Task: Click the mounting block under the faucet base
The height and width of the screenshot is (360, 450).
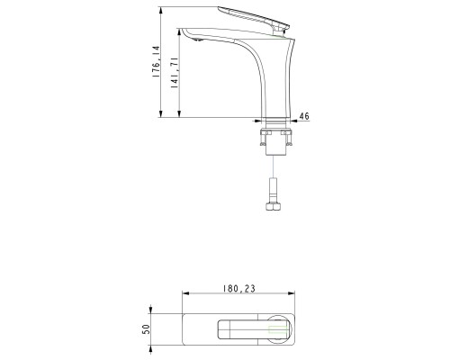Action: (275, 139)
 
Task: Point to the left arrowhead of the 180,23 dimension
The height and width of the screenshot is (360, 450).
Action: (184, 294)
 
